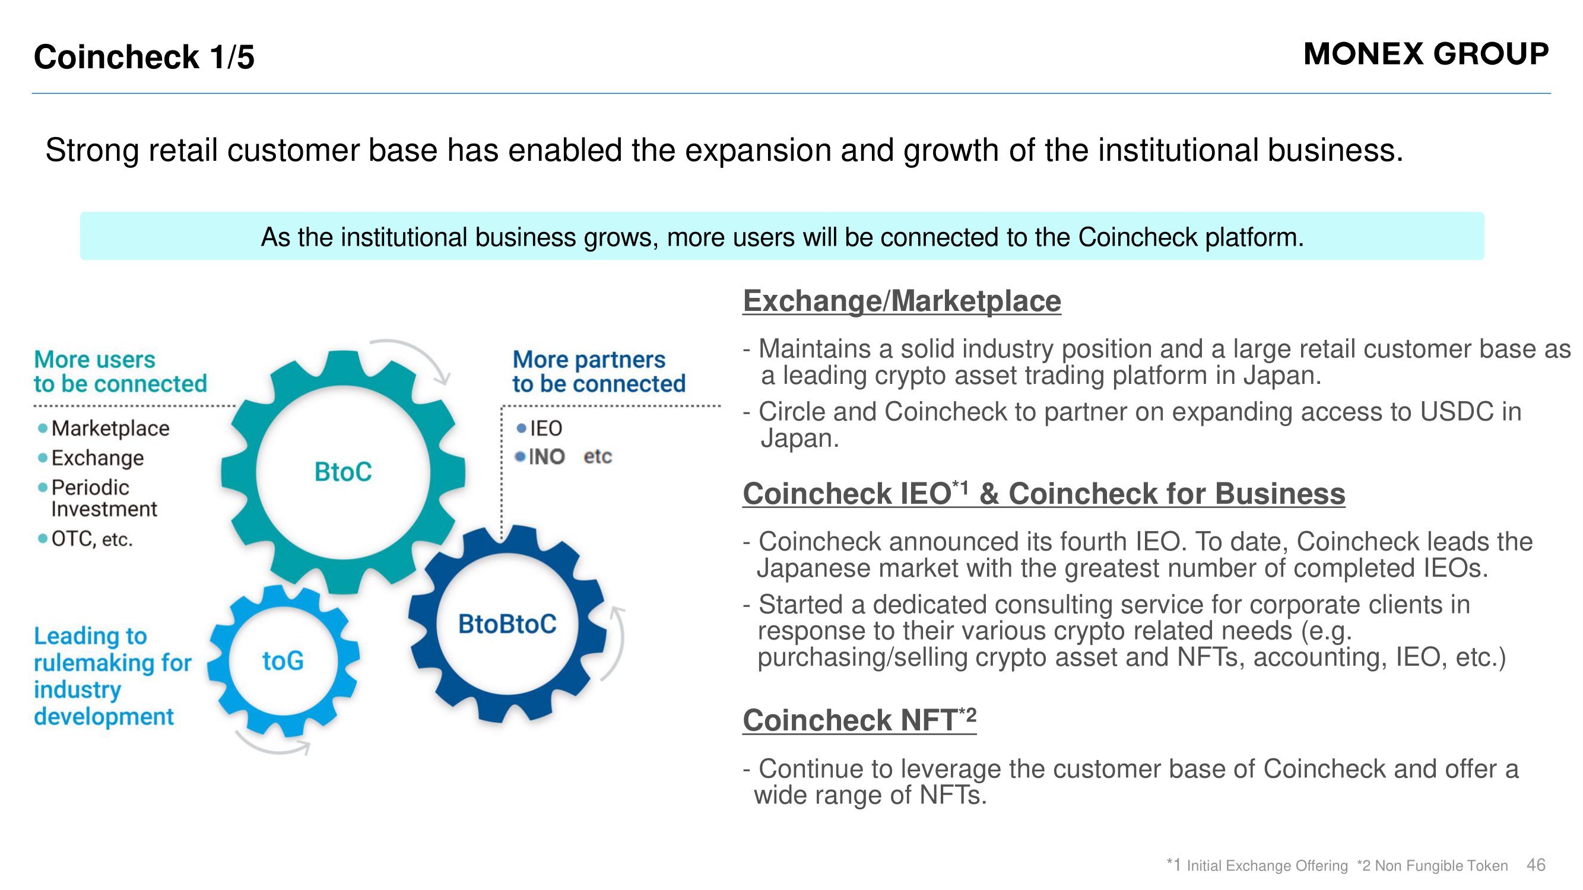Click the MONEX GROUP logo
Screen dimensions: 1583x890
[x=1426, y=54]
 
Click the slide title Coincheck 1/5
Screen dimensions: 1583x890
[x=144, y=57]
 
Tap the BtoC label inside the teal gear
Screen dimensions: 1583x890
[x=343, y=472]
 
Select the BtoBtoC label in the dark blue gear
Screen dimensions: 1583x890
[x=507, y=624]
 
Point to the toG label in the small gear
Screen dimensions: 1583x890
[x=283, y=661]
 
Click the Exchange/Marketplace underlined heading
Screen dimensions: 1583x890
[x=902, y=301]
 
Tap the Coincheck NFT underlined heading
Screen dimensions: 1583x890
[x=859, y=719]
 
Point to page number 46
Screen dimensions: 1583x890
[x=1536, y=865]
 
